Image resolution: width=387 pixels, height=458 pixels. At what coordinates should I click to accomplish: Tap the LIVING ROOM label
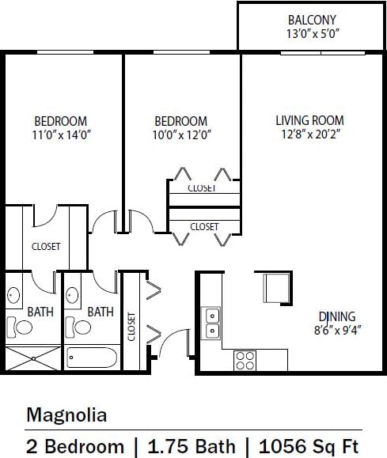tap(309, 120)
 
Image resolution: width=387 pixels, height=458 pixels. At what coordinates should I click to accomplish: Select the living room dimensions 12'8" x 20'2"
tap(309, 134)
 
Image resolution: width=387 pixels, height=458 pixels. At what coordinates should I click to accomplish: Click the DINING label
tap(336, 316)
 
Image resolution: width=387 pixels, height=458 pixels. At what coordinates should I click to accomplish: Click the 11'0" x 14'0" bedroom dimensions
tap(60, 134)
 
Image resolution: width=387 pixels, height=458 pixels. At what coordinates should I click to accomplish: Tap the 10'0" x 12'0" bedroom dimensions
tap(180, 134)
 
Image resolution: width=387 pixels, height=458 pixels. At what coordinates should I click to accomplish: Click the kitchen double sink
tap(212, 322)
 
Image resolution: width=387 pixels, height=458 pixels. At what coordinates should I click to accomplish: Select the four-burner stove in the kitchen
tap(245, 361)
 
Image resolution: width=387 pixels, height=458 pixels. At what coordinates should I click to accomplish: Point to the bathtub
tap(92, 357)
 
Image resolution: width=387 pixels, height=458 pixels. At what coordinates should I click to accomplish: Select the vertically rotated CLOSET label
tap(131, 326)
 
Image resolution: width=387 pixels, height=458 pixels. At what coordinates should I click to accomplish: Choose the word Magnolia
tap(66, 414)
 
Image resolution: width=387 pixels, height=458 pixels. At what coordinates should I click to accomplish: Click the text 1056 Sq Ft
tap(309, 446)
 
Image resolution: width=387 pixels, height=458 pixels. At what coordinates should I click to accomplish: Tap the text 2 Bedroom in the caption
tap(75, 446)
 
